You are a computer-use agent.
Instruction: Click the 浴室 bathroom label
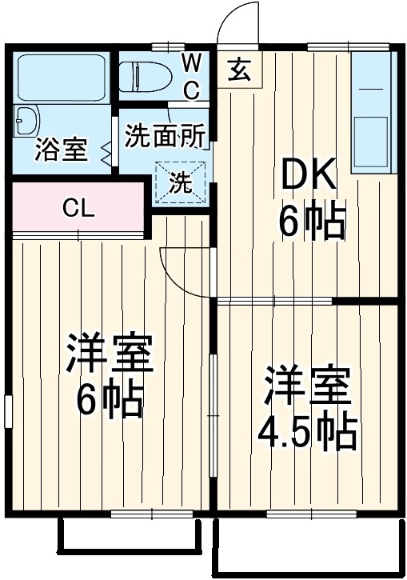coord(61,150)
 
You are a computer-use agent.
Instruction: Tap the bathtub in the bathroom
coord(62,78)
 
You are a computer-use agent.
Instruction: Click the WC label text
coord(192,76)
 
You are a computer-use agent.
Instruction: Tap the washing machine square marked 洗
coord(181,183)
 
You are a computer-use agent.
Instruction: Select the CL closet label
coord(79,210)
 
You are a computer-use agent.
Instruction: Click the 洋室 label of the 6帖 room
coord(109,353)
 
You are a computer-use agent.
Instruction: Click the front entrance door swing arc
coord(240,22)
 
